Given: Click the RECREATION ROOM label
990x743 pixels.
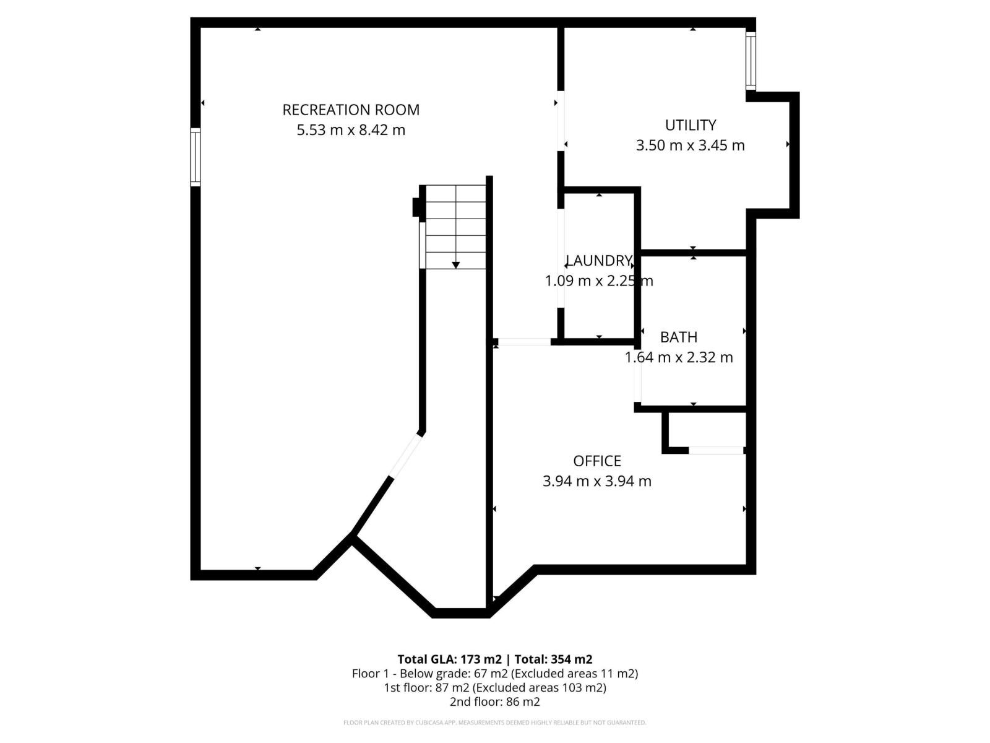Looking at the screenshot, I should (351, 110).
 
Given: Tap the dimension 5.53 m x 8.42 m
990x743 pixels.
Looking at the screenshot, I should (351, 130).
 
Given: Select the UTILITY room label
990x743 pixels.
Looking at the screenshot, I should (691, 125).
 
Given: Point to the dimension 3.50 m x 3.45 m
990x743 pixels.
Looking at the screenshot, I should (691, 146).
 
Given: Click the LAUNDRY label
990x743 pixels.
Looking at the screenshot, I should (598, 261).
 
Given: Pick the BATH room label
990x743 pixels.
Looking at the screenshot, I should (679, 337).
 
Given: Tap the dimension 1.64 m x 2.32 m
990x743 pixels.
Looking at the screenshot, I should (679, 357).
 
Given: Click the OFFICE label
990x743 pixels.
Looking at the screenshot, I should (597, 461).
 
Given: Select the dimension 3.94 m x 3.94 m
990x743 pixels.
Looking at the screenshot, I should (597, 481).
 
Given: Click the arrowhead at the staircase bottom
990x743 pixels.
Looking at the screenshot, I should (456, 265).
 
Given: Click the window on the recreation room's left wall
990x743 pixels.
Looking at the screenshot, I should (196, 157).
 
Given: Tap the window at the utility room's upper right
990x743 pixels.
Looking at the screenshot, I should (751, 60).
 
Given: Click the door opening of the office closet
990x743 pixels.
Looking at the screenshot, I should (716, 450).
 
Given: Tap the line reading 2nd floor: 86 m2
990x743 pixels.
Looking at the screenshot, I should (495, 702).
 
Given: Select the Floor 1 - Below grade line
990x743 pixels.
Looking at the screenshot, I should (495, 674).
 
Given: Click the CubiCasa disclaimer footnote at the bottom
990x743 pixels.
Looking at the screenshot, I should (495, 723).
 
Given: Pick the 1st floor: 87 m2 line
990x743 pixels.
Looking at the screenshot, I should (495, 688).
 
